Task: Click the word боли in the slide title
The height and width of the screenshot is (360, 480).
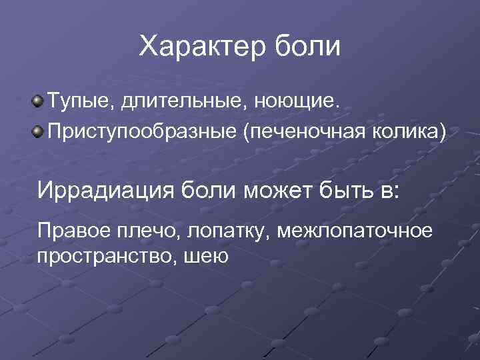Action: (311, 47)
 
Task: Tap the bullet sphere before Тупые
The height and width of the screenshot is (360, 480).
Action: (39, 101)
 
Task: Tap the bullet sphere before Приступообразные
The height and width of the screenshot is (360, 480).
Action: (39, 128)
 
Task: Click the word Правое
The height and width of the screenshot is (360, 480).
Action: (72, 231)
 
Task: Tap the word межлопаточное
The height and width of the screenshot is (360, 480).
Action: (356, 231)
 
